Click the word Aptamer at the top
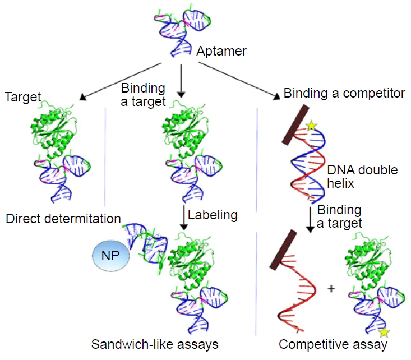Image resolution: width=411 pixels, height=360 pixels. [x=221, y=51]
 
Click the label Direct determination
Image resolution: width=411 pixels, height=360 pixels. [x=63, y=218]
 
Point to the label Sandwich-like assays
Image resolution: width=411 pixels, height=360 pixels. [x=155, y=343]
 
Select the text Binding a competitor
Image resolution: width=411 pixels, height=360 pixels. [x=344, y=93]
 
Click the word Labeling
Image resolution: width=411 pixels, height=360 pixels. [x=213, y=214]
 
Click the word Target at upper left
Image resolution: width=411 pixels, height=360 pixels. [x=23, y=97]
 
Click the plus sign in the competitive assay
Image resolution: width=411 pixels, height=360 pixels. [x=331, y=289]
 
